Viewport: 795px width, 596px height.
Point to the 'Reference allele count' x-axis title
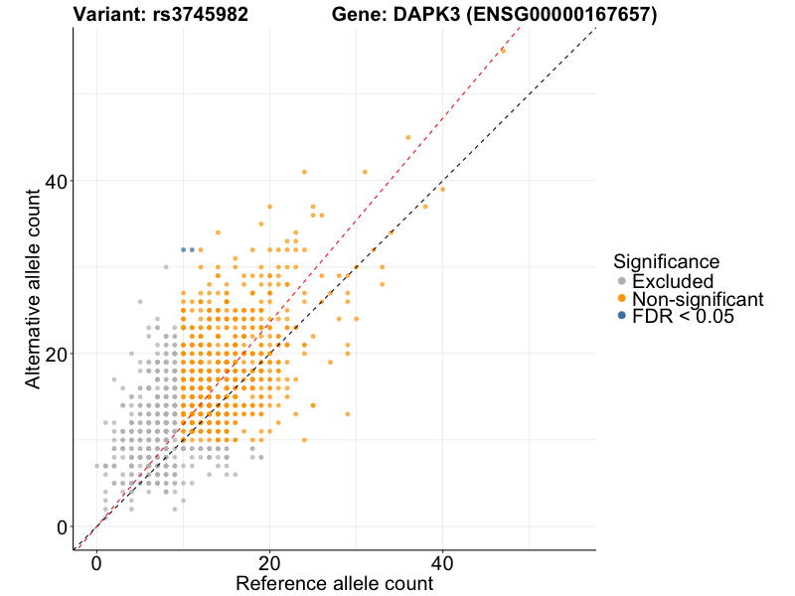pyautogui.click(x=334, y=583)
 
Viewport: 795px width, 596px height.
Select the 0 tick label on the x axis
pyautogui.click(x=96, y=562)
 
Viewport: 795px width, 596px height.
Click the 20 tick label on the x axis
pyautogui.click(x=269, y=562)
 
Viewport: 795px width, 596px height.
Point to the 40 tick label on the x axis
pyautogui.click(x=442, y=562)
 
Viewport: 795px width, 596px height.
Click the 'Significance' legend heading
pyautogui.click(x=667, y=262)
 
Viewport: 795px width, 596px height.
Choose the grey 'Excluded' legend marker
pyautogui.click(x=622, y=282)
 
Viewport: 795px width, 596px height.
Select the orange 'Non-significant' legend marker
pyautogui.click(x=622, y=299)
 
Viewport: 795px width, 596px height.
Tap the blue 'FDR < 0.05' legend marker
pyautogui.click(x=622, y=316)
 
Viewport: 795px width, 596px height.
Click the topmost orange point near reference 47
pyautogui.click(x=503, y=50)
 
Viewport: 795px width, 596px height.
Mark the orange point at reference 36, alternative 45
pyautogui.click(x=407, y=137)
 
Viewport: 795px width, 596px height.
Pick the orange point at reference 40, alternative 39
pyautogui.click(x=442, y=189)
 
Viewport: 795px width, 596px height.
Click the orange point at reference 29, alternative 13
pyautogui.click(x=347, y=413)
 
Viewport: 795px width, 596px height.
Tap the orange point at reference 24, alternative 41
pyautogui.click(x=304, y=171)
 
